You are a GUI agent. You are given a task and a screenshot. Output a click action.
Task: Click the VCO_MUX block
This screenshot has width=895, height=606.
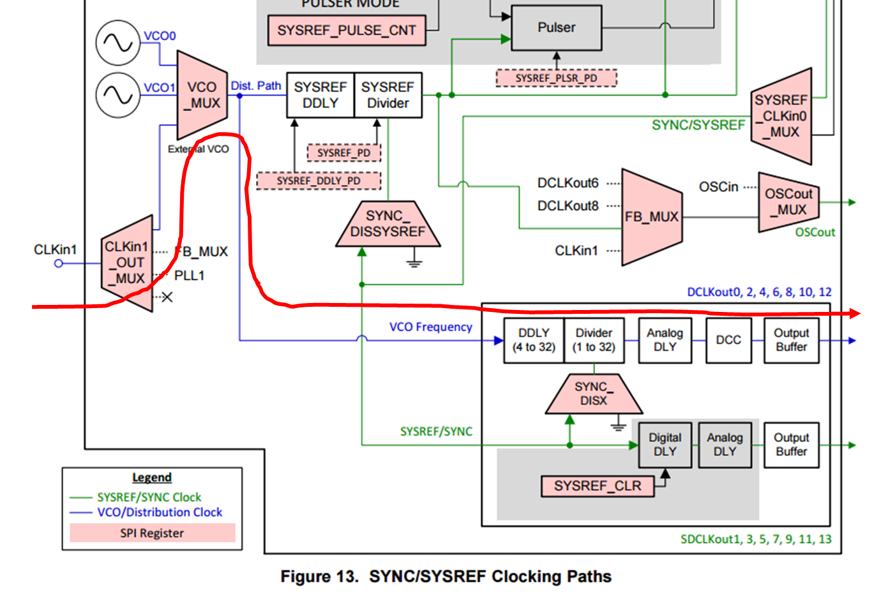202,95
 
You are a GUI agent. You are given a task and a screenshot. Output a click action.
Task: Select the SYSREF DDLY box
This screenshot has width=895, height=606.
320,95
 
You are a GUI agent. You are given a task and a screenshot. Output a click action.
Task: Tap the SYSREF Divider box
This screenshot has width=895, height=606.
388,95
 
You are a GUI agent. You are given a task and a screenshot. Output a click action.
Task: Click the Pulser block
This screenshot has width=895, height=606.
557,28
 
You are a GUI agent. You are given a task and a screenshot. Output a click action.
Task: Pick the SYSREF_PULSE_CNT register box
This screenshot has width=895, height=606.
347,31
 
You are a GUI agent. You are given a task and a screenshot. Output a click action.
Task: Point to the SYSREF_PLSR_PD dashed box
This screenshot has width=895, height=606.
556,78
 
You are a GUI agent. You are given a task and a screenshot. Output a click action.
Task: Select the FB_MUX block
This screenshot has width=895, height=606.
651,217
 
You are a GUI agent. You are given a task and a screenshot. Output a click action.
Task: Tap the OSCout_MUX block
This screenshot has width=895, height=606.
788,202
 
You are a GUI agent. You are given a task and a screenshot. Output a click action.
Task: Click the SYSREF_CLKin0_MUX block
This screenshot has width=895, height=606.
781,116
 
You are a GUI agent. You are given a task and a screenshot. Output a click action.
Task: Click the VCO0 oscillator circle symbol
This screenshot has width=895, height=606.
117,43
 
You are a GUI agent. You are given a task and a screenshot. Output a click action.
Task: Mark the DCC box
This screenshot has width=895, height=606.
728,341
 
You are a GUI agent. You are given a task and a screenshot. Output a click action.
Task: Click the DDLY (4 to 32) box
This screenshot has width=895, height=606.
534,341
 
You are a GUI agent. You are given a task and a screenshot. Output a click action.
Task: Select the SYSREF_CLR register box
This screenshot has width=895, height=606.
598,486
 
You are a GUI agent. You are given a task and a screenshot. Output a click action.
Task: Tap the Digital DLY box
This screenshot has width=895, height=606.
665,445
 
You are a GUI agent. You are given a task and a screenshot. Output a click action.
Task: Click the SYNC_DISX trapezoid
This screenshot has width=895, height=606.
594,394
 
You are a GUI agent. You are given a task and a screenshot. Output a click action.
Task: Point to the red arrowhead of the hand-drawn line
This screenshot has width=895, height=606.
854,313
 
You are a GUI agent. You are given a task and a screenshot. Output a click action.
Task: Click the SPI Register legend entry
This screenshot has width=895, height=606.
152,533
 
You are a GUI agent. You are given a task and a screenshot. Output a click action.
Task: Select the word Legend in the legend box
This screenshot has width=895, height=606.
152,478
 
